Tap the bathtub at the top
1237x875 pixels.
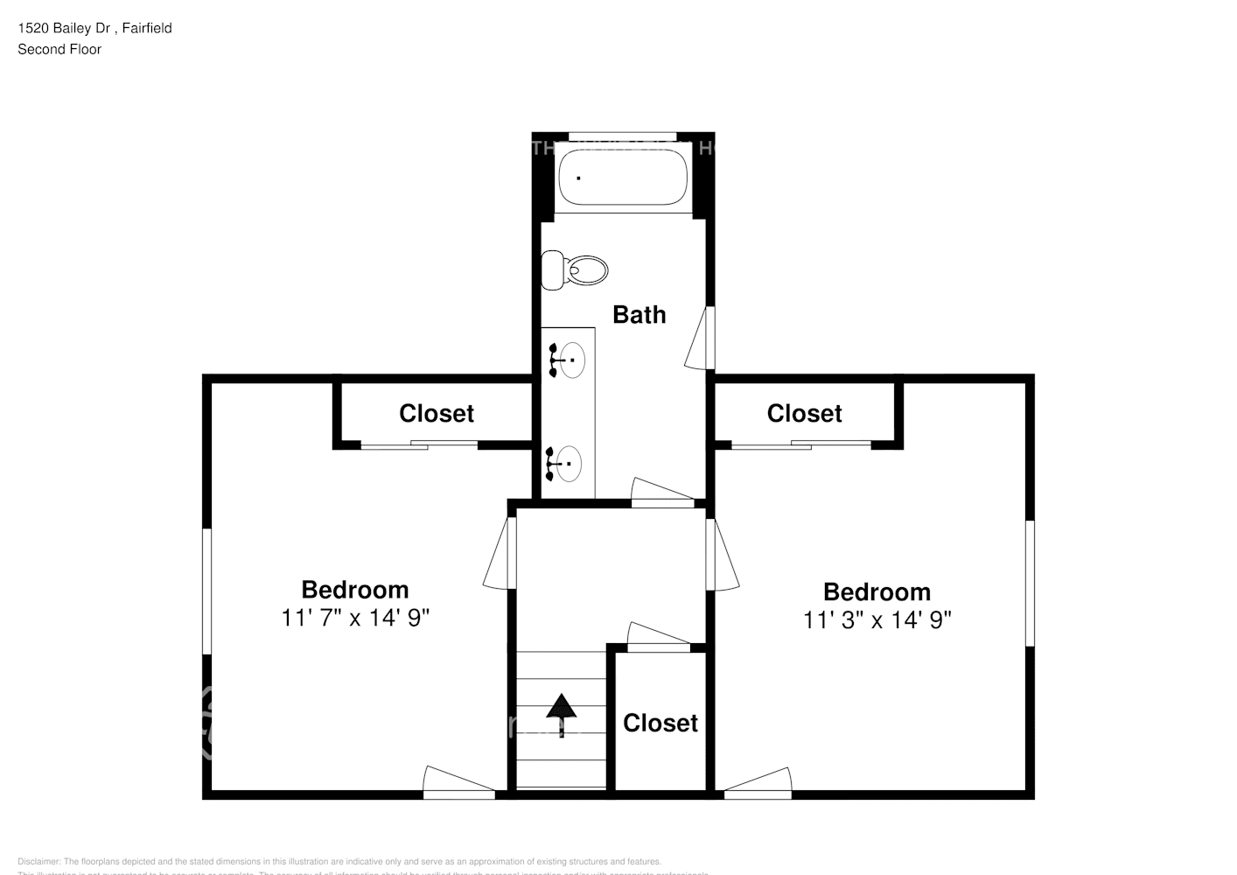click(x=623, y=178)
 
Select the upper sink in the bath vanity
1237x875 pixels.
click(x=570, y=360)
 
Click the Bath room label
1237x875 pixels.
click(x=639, y=315)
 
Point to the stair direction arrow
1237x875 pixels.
click(x=561, y=711)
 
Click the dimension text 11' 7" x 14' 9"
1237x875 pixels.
click(x=354, y=618)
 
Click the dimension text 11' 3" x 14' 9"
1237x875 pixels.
click(x=877, y=619)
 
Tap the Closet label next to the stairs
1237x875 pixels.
click(x=660, y=723)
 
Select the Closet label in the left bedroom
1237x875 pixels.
click(x=436, y=413)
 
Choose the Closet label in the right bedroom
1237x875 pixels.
click(x=804, y=413)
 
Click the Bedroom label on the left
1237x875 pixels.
click(x=354, y=590)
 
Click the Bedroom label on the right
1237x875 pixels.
click(x=877, y=591)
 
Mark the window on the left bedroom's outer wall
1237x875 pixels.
click(x=207, y=591)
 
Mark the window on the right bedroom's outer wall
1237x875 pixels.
click(x=1030, y=584)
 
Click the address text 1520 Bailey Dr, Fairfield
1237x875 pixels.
click(x=94, y=28)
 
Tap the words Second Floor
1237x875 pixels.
click(x=59, y=49)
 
